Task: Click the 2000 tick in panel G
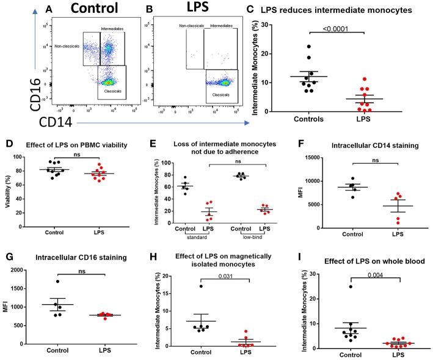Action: click(x=24, y=270)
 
